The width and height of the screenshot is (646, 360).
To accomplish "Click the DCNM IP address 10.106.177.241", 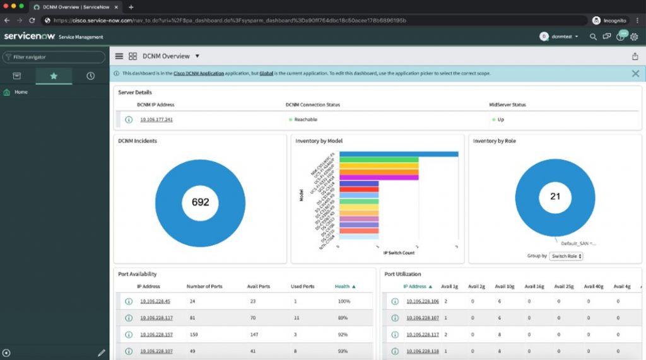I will (x=156, y=119).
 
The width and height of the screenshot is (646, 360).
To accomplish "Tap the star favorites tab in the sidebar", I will (x=54, y=76).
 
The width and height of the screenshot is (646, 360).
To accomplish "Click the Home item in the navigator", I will (x=21, y=92).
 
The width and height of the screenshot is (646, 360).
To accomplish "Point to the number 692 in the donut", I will (x=200, y=202).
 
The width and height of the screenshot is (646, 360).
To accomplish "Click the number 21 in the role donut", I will (x=555, y=196).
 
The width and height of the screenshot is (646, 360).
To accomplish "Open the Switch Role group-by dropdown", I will (x=566, y=256).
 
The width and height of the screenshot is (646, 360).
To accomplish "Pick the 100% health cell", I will (x=344, y=301).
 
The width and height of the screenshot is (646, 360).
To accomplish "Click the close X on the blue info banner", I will (x=635, y=73).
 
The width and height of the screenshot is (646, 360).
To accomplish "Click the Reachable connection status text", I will (x=305, y=119).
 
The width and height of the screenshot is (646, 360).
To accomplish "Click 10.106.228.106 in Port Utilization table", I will (x=422, y=301).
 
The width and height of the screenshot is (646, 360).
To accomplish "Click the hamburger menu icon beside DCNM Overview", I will (x=119, y=56).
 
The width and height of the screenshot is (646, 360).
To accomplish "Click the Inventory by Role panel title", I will (x=494, y=141).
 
